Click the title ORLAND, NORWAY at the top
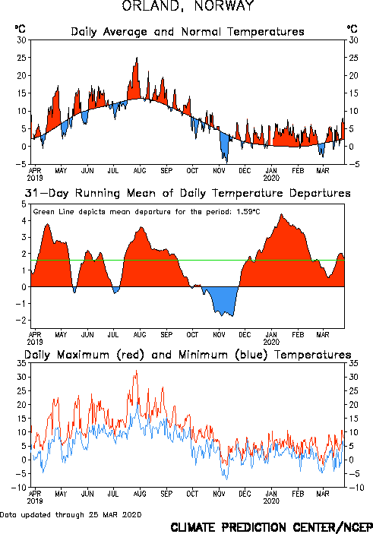coord(188,6)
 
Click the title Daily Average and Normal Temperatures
coord(188,32)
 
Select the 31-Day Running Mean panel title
coord(188,193)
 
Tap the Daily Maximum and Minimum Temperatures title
coord(188,355)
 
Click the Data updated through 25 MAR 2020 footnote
coord(71,514)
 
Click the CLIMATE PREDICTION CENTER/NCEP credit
coord(271,527)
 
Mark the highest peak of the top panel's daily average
coord(137,58)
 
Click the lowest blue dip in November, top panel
coord(227,162)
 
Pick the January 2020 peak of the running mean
coord(281,214)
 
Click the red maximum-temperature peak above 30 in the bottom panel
coord(136,371)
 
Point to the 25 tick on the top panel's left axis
coord(21,58)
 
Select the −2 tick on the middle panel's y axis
coord(21,320)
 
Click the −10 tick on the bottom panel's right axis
coord(356,488)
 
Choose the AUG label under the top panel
coord(140,170)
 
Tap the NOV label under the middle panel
coord(219,335)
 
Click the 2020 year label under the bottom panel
coord(271,501)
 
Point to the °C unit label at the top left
coord(20,29)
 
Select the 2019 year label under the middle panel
coord(35,342)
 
